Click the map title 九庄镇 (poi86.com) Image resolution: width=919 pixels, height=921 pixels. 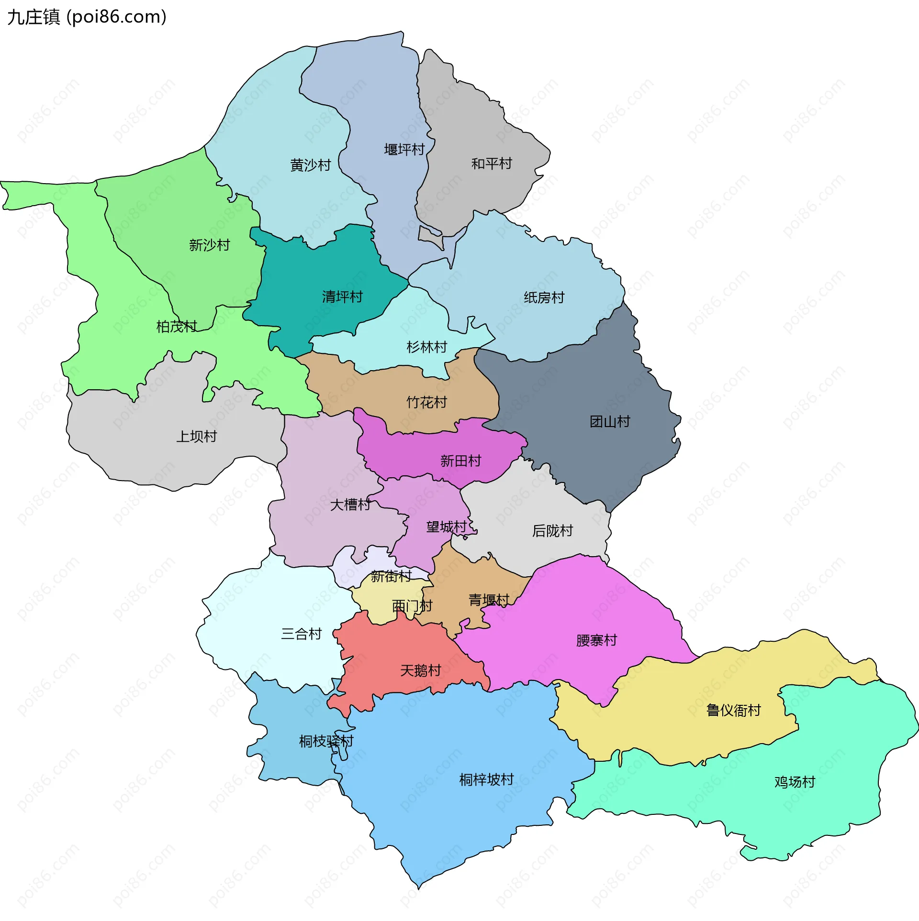click(87, 17)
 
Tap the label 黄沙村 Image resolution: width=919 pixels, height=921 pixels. click(310, 165)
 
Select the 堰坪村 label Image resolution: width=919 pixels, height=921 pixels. click(404, 149)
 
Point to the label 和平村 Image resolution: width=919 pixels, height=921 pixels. click(491, 164)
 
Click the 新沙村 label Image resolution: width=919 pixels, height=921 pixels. click(209, 245)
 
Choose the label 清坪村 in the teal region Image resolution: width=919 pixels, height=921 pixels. click(342, 296)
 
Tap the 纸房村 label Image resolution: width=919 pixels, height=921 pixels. click(544, 297)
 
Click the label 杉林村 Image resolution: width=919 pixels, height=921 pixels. click(426, 347)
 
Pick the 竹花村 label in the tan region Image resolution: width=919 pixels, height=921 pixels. click(426, 402)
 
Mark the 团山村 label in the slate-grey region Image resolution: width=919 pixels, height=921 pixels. click(609, 421)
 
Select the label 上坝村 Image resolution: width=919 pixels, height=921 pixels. click(196, 436)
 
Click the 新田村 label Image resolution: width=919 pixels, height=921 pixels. click(460, 460)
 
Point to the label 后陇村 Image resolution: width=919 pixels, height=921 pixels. click(552, 530)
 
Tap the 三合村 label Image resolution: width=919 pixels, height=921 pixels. click(301, 634)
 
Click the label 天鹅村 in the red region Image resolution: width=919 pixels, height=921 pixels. click(420, 670)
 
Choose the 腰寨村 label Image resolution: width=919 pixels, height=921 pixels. click(596, 640)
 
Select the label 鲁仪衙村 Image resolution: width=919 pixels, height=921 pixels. click(733, 710)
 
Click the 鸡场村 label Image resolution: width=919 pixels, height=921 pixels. click(795, 782)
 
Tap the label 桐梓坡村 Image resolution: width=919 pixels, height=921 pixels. click(486, 779)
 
